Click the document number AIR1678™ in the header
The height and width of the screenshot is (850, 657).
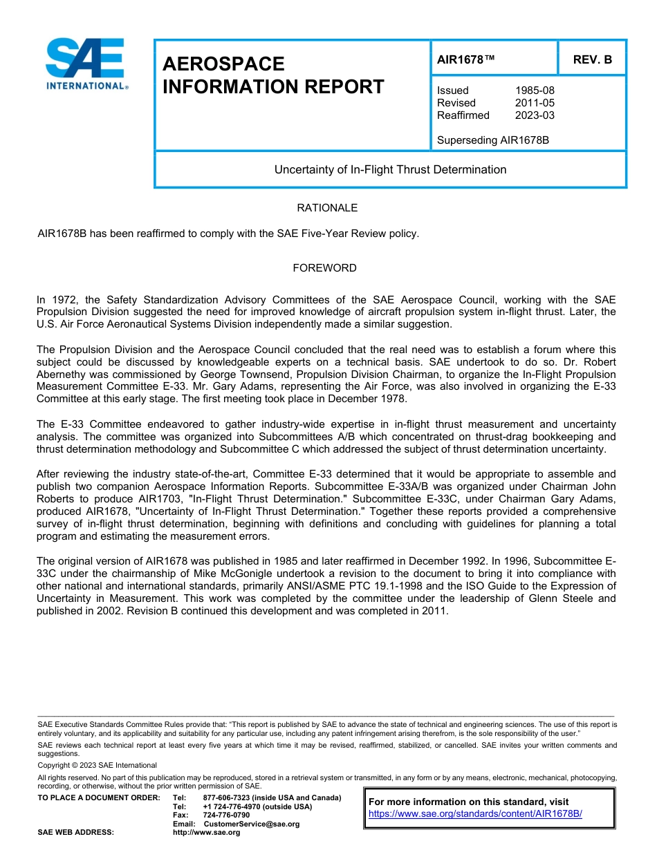[465, 59]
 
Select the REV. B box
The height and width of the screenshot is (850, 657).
[592, 59]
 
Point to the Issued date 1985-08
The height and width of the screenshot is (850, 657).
[535, 91]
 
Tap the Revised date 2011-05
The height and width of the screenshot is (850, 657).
[535, 103]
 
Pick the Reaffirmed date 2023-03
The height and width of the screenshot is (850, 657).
[535, 115]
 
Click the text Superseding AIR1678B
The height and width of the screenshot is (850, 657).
[492, 140]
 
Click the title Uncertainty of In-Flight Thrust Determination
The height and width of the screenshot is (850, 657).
[390, 169]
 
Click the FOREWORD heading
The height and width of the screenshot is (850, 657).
[324, 268]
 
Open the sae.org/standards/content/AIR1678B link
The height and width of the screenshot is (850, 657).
[475, 813]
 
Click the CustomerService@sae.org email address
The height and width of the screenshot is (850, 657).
[252, 824]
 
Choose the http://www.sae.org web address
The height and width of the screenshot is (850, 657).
[206, 833]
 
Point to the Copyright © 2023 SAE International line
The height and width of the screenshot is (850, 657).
[97, 765]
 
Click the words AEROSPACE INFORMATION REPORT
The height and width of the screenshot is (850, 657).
[272, 75]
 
